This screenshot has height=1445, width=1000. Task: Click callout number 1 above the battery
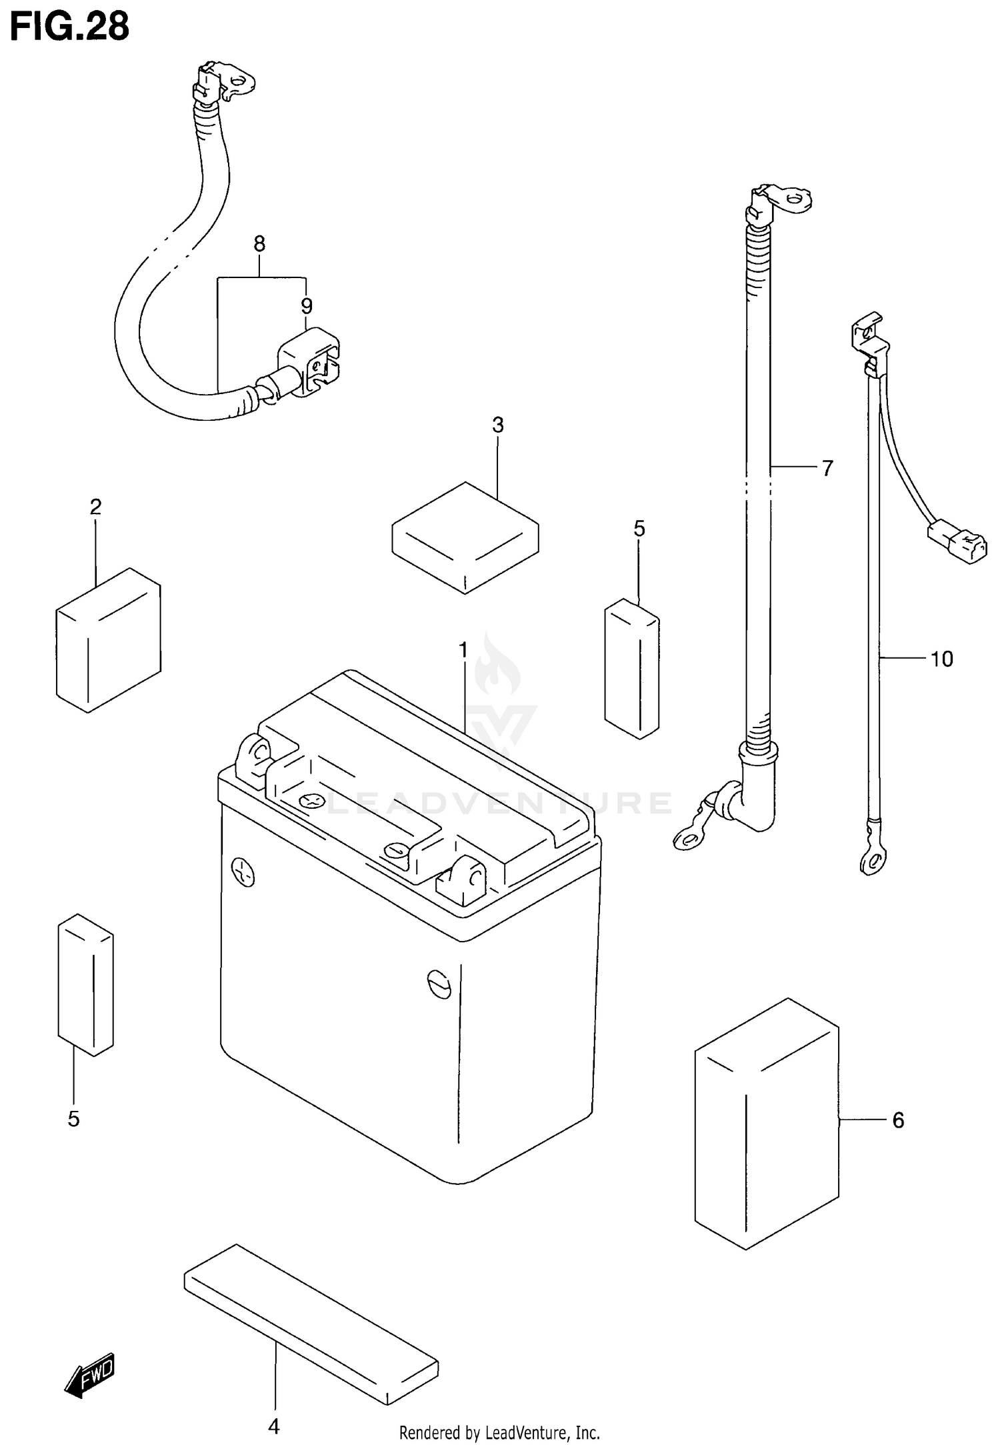coord(463,650)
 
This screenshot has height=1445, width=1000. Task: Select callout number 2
coord(95,507)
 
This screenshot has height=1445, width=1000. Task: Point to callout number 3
coord(498,425)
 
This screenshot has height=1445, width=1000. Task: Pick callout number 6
coord(898,1120)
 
